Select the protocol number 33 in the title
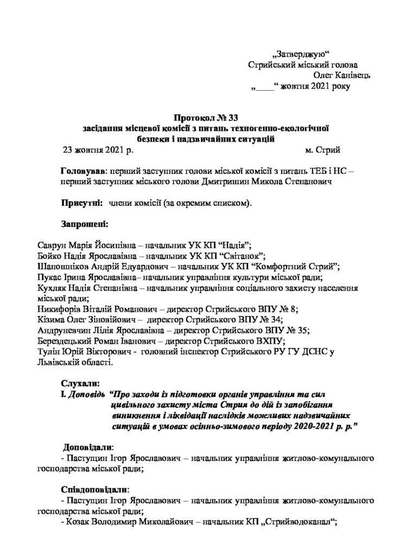[x=232, y=117]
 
